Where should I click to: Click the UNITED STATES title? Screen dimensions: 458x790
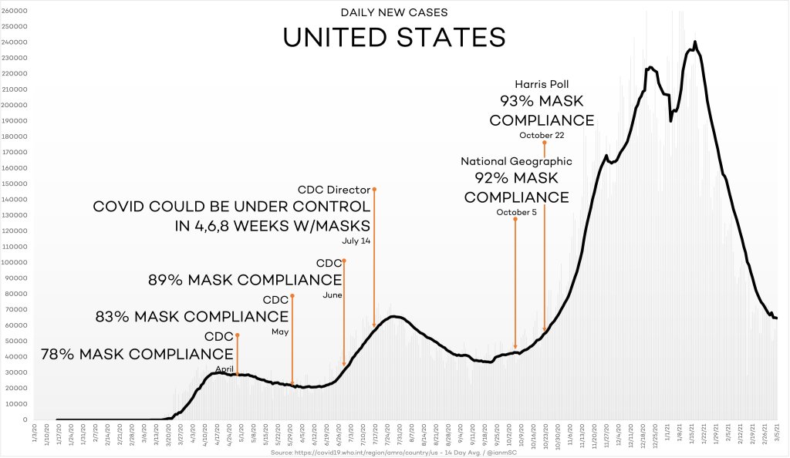pos(394,37)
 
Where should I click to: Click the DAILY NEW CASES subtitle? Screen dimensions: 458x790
pos(394,12)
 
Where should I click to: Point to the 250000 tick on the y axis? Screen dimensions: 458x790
pos(15,26)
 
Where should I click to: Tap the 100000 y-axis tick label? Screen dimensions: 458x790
pos(15,262)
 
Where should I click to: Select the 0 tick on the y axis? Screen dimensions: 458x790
pos(25,419)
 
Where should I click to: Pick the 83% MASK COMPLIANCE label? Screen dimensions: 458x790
pos(191,316)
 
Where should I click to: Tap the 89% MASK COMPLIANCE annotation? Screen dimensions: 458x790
pos(245,280)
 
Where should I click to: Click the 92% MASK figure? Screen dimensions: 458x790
pos(516,179)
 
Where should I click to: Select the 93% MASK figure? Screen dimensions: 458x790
pos(542,102)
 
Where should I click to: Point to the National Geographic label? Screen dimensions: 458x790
pos(516,161)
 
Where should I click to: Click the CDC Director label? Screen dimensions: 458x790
pos(334,189)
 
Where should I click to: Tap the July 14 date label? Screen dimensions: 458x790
pos(356,241)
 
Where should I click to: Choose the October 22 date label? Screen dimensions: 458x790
pos(542,136)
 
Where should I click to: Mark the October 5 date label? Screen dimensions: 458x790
pos(515,212)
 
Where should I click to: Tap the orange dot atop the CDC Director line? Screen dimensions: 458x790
pos(374,189)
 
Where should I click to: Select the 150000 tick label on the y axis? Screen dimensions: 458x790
pos(15,184)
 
